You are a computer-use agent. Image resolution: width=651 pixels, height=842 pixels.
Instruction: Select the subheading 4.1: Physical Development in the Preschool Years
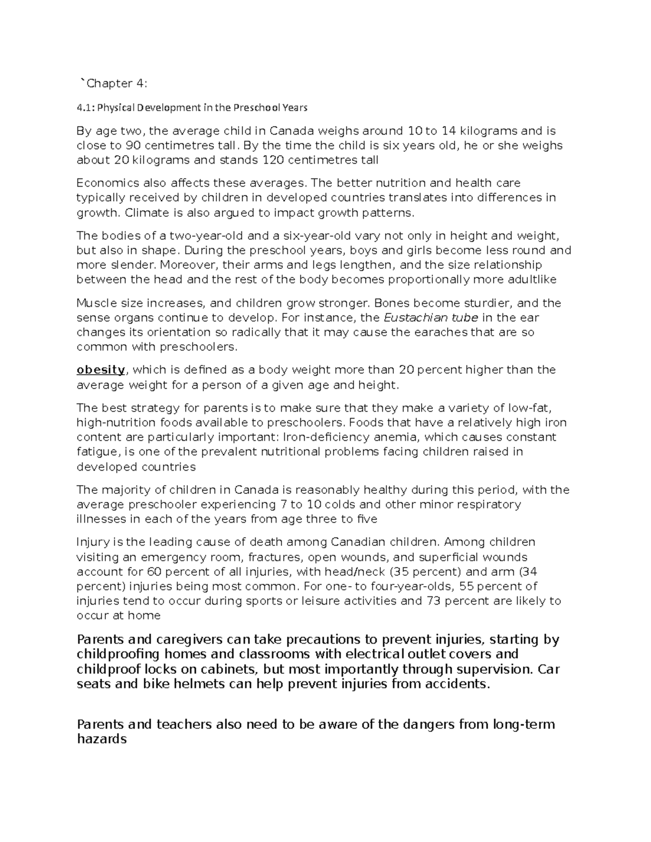coord(192,107)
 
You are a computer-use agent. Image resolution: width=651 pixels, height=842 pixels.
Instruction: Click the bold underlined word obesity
coord(101,370)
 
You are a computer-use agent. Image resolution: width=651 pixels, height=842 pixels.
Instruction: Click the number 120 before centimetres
coord(273,160)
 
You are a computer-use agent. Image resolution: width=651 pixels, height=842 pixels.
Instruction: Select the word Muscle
coord(94,303)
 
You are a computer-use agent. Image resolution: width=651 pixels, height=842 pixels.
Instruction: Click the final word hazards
coord(103,738)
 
